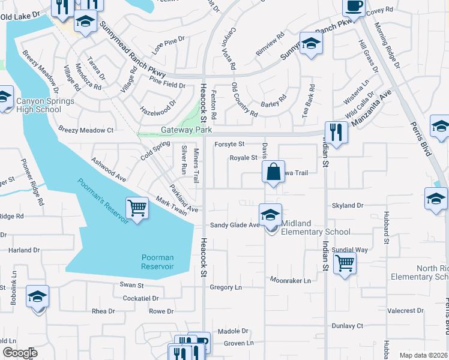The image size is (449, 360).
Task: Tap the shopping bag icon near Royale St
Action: tap(273, 172)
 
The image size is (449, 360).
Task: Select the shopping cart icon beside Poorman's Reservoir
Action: tap(137, 208)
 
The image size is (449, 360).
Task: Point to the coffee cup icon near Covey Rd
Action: tap(353, 7)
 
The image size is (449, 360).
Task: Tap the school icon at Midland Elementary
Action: tap(270, 214)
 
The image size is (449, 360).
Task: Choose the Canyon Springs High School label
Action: tap(45, 106)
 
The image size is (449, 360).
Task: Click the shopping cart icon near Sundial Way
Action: tap(345, 262)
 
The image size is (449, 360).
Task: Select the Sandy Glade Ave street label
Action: tap(234, 225)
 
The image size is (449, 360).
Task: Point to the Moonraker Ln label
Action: tap(291, 280)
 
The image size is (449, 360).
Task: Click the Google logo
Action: tap(20, 353)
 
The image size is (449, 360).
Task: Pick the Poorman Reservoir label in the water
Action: tap(158, 262)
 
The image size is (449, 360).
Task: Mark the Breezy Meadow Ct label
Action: tap(86, 130)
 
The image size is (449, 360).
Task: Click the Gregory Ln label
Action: tap(226, 287)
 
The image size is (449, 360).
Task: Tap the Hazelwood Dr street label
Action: tap(158, 107)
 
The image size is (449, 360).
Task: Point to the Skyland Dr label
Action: tap(348, 205)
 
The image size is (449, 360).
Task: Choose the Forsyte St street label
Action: tap(229, 144)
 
